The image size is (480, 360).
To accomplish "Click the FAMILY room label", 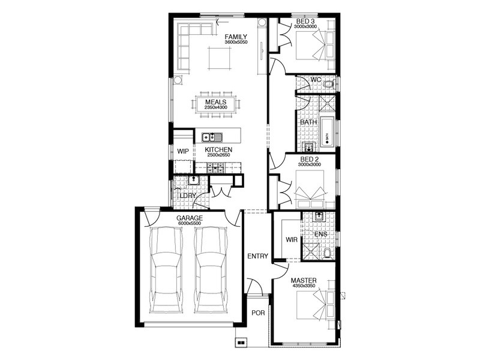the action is coord(236,37).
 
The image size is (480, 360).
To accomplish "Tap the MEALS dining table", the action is coord(216,104).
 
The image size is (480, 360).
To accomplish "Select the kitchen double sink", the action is coord(212,137).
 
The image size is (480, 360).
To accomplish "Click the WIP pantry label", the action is coord(183,151).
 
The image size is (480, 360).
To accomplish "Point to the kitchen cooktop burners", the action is coord(215,167).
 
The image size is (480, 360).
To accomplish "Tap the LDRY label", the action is coord(188,196).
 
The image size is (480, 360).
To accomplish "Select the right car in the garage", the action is coord(212,270).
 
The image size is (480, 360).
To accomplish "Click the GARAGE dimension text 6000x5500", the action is coord(190,223).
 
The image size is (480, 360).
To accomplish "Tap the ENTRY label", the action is coord(258,256).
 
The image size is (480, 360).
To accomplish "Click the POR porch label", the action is coord(258,313).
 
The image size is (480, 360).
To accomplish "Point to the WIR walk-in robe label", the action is coord(292,239).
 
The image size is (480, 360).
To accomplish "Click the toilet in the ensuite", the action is coord(327,254).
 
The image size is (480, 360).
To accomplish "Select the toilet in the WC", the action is coord(329,83).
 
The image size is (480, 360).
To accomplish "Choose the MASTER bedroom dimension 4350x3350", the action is coord(304,286).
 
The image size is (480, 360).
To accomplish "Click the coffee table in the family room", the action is coord(220,58).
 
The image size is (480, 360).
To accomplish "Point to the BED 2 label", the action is coord(310,159).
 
